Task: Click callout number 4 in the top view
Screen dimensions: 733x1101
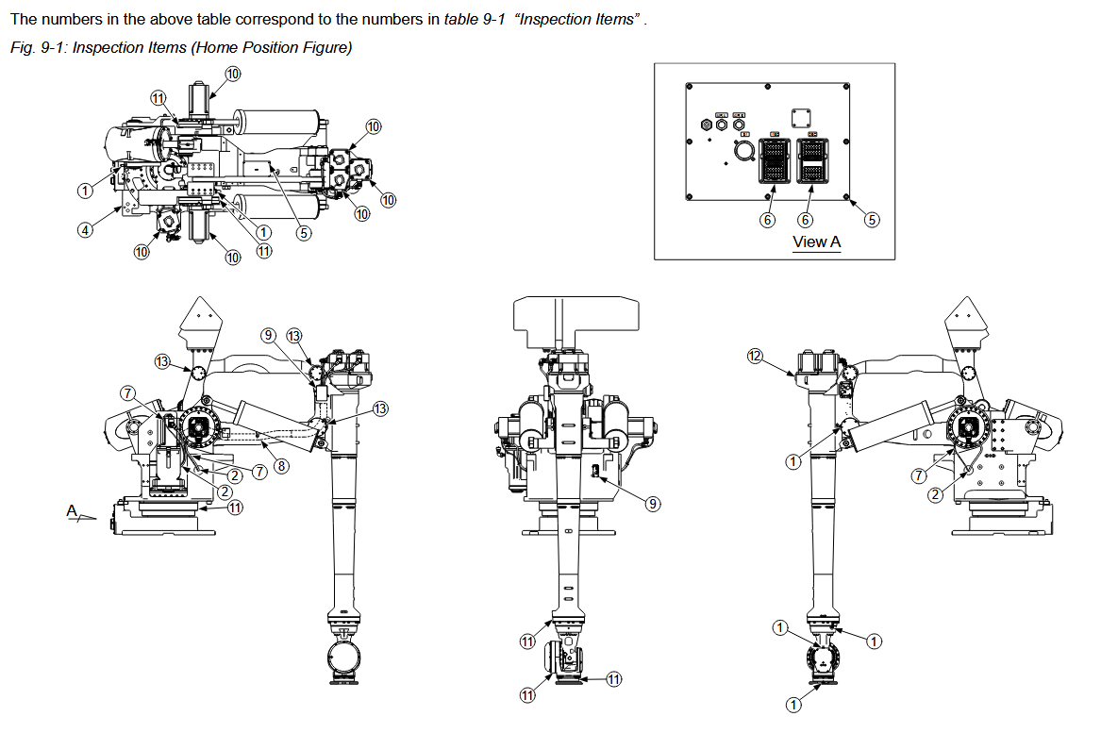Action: pos(85,229)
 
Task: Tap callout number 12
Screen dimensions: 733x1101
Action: pos(754,356)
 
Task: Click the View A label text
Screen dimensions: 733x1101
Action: pos(816,242)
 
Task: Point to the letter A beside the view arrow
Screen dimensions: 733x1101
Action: pos(72,510)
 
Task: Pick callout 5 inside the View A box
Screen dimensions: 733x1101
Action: pos(872,220)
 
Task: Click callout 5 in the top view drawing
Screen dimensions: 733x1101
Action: pos(304,234)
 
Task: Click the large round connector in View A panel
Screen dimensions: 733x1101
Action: pos(742,151)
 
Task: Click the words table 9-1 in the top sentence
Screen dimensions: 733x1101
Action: pos(475,20)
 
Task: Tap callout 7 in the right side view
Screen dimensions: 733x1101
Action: pos(920,475)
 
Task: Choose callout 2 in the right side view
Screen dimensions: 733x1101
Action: pos(934,493)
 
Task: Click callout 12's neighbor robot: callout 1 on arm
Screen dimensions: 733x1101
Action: pos(793,461)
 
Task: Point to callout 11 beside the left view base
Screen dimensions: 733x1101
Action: pos(235,507)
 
